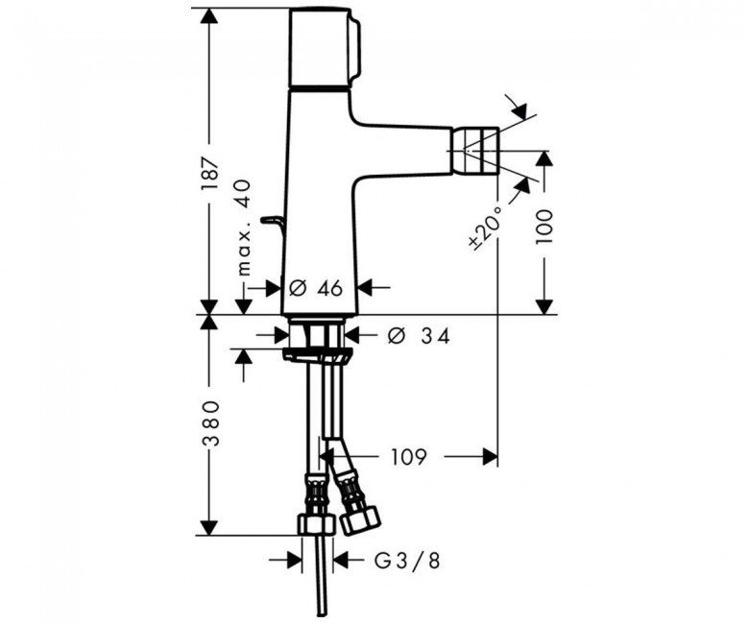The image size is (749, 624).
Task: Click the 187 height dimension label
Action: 209,174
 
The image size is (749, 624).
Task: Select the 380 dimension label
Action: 209,423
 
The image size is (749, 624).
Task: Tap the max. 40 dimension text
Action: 244,228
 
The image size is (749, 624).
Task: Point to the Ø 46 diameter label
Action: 316,288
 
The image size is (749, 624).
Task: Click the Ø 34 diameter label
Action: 419,336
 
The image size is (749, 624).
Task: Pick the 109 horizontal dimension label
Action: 409,457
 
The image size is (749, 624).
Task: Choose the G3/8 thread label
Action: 406,562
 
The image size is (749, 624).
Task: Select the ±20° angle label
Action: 486,228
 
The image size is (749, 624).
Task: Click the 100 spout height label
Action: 544,227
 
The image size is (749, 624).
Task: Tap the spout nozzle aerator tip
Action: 475,150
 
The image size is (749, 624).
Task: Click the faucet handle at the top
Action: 326,48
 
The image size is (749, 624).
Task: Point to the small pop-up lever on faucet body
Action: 274,227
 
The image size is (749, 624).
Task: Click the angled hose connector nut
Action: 360,521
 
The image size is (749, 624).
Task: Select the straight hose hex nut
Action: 315,524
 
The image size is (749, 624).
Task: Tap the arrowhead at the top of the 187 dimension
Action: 208,16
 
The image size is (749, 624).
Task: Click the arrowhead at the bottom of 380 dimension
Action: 208,527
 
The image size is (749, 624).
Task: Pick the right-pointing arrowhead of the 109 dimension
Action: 489,457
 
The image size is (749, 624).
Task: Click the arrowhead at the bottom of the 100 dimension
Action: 544,307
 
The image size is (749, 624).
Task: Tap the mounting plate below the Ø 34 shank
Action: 317,355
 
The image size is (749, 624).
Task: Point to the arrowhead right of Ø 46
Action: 366,288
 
